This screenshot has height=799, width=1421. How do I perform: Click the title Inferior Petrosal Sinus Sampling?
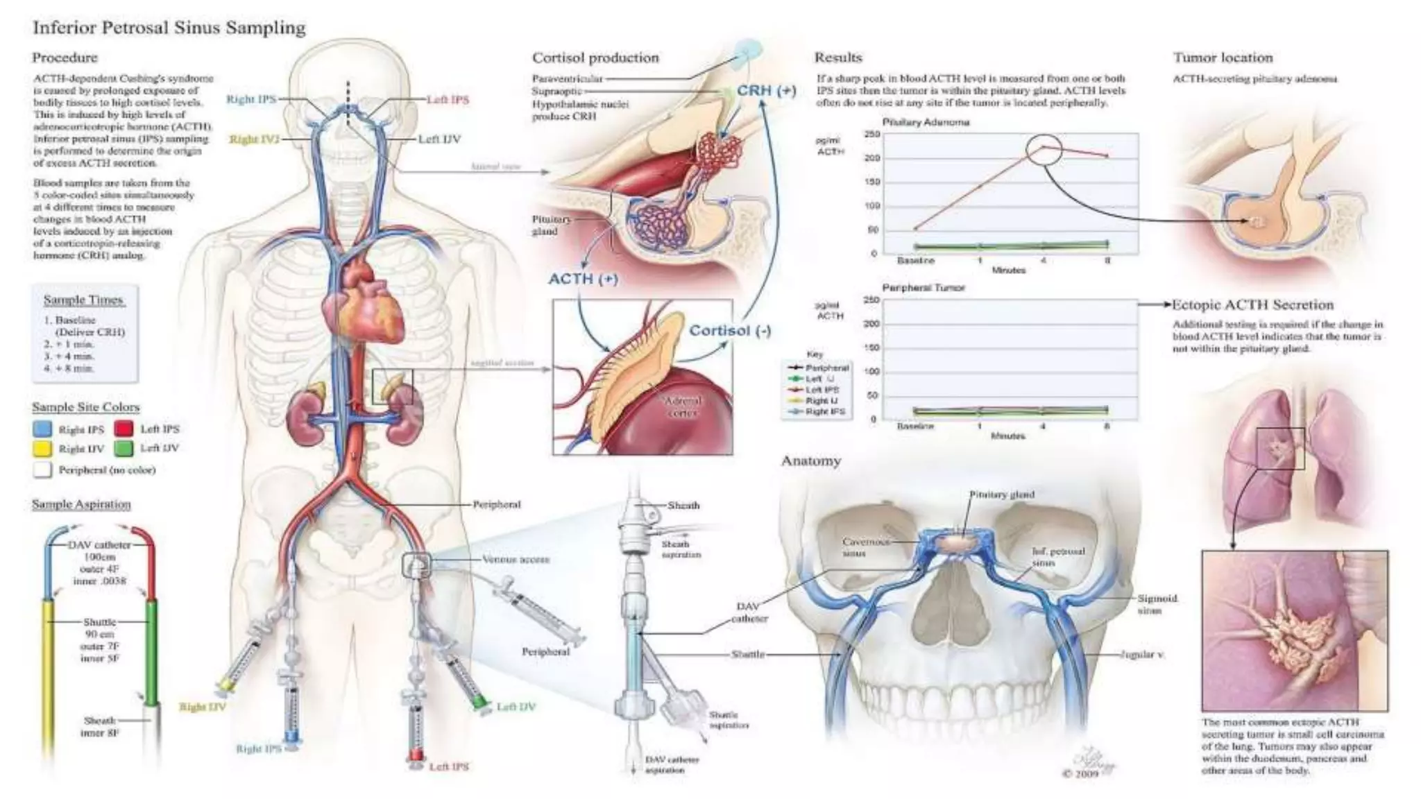pos(169,28)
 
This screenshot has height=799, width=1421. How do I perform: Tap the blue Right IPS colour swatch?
pos(42,429)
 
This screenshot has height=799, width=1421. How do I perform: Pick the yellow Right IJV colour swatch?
pos(42,449)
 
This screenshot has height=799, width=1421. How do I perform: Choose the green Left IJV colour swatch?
pos(124,449)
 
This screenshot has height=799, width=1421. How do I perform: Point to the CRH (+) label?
pos(766,91)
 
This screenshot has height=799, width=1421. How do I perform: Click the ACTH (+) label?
pos(583,279)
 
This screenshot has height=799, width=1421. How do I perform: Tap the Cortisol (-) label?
pos(730,331)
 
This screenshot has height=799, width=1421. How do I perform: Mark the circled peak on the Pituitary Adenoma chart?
pos(1044,151)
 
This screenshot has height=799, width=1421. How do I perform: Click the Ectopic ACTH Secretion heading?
pos(1252,304)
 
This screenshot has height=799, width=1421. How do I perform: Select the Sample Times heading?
pos(83,300)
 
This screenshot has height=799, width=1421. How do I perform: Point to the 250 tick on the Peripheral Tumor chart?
pos(871,300)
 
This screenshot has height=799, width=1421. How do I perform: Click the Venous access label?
pos(516,559)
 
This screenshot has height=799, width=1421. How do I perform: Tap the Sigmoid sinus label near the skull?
pos(1157,604)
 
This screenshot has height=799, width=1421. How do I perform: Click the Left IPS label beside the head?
pos(448,100)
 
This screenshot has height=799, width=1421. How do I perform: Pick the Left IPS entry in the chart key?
pos(822,390)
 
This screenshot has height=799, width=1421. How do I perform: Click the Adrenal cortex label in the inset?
pos(683,406)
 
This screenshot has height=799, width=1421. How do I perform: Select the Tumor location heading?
pos(1223,58)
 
